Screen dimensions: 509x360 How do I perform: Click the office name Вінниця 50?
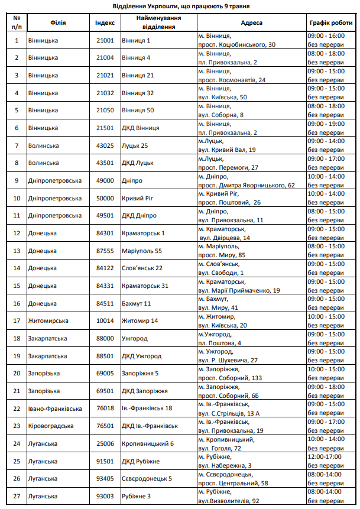tap(138, 111)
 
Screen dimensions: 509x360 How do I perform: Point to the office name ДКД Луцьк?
tap(138, 163)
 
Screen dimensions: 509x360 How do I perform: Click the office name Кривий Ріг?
tap(138, 198)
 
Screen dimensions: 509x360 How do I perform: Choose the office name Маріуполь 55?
tap(142, 251)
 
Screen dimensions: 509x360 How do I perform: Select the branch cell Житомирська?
tap(48, 321)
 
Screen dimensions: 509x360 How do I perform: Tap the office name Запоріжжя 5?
tap(140, 374)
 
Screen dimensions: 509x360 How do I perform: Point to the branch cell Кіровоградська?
tap(51, 426)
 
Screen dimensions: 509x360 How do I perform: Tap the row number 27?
tap(17, 496)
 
